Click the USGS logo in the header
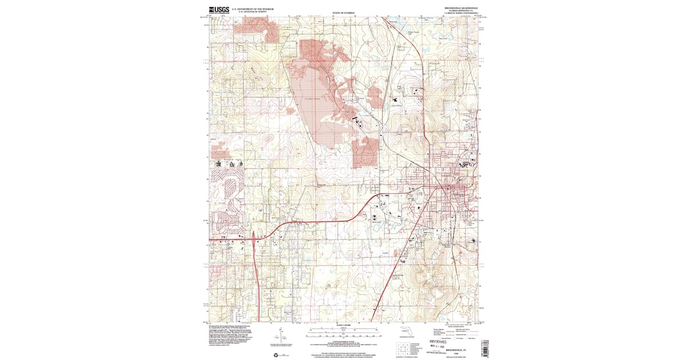pos(219,9)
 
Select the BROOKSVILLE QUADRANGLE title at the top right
pos(461,8)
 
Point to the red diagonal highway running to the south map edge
pos(389,280)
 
